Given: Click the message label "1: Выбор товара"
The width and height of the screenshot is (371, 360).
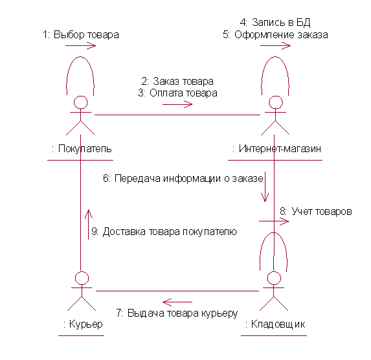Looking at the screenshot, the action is (x=81, y=34).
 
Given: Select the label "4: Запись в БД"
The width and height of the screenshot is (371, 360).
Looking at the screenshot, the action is (x=275, y=22).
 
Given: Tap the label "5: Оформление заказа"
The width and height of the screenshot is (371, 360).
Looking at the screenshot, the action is (x=275, y=34).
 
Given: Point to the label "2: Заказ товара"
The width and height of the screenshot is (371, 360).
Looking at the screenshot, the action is (x=177, y=81).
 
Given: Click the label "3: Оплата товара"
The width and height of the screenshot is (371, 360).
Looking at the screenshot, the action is (x=177, y=93).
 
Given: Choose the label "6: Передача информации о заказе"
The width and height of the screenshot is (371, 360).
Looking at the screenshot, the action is (x=183, y=178).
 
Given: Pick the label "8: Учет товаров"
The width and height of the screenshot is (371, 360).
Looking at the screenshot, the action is (x=315, y=211).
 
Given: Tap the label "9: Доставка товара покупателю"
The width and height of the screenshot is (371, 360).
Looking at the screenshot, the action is (x=164, y=231).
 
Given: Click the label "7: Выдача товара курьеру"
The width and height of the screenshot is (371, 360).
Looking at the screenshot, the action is (x=177, y=313).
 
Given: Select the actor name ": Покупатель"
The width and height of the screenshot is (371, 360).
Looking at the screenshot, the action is (x=82, y=149).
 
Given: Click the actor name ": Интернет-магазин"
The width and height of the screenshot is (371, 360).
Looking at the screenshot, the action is (x=276, y=149).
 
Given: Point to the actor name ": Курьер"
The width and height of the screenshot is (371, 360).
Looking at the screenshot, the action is (x=83, y=324).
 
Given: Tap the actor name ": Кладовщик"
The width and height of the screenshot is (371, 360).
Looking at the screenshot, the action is (x=275, y=324).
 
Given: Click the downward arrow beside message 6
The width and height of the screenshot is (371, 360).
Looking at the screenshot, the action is (x=265, y=186).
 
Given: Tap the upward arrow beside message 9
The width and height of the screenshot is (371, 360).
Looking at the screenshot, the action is (x=89, y=225).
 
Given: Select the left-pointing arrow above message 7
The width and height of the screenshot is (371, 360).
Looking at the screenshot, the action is (x=177, y=302).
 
